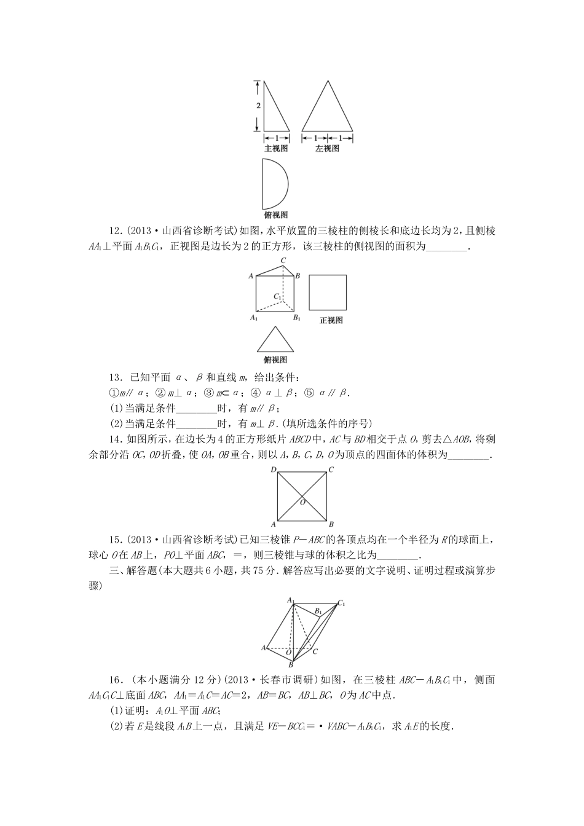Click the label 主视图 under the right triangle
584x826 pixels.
click(275, 149)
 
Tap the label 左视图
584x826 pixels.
click(327, 149)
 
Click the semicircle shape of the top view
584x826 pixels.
click(273, 184)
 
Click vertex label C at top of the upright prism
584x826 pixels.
click(283, 261)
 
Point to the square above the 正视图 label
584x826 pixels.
click(328, 292)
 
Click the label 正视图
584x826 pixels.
click(331, 320)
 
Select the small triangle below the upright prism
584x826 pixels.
click(274, 340)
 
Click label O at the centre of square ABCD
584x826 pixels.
click(302, 502)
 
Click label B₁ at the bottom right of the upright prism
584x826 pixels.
click(296, 318)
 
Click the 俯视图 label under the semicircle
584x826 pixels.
click(275, 215)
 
